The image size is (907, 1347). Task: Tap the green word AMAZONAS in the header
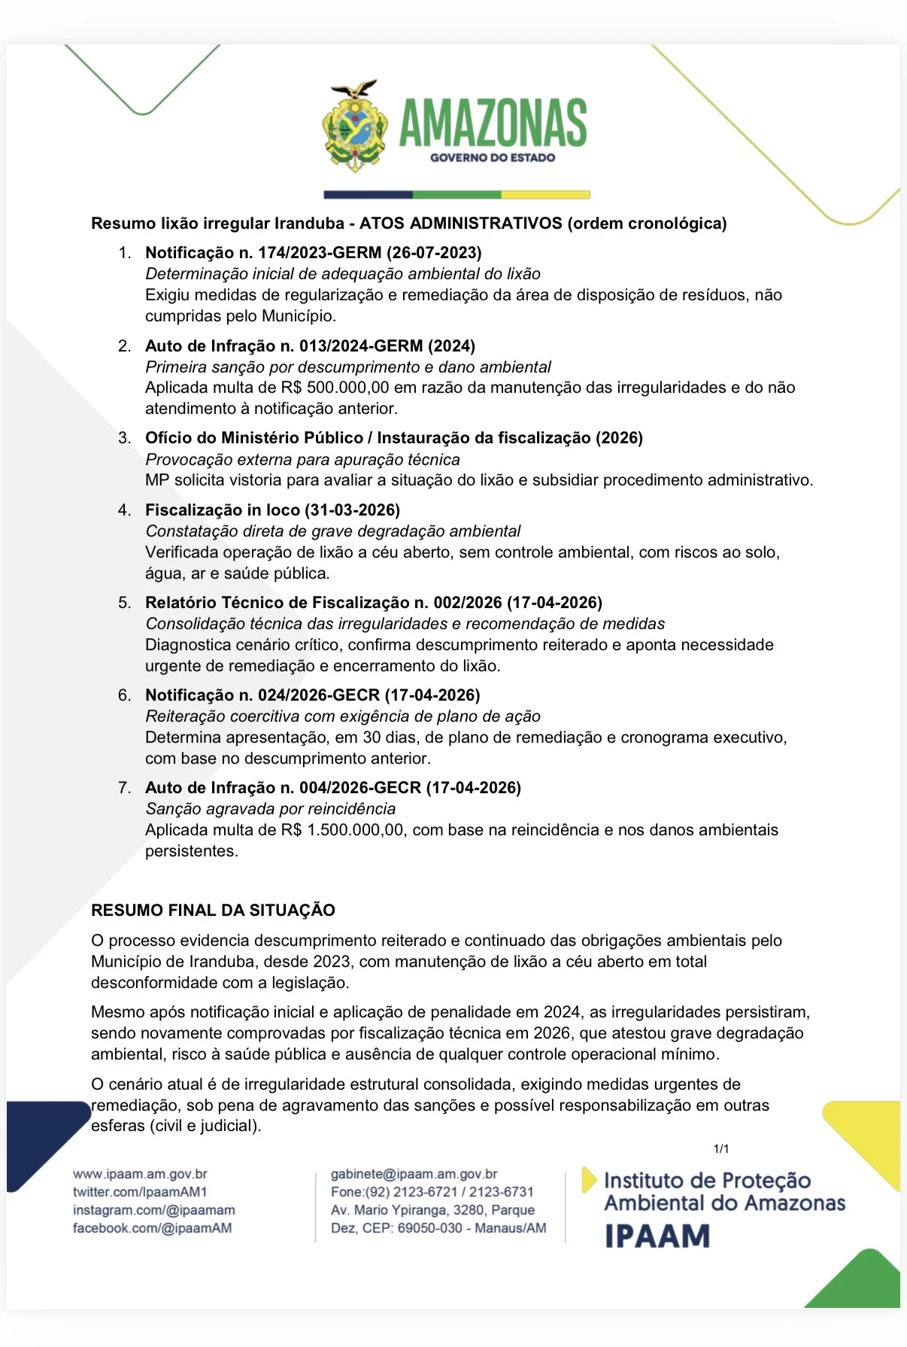tap(493, 123)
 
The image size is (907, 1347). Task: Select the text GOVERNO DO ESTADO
tap(493, 158)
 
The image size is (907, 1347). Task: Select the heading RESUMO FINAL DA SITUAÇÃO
tap(213, 911)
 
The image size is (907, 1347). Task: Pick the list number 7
tap(124, 788)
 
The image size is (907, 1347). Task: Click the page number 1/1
tap(720, 1149)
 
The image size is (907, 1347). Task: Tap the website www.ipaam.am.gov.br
tap(140, 1174)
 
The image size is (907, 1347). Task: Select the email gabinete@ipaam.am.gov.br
tap(414, 1174)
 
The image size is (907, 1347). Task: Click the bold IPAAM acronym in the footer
tap(657, 1236)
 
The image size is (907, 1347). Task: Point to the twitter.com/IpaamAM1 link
tap(140, 1192)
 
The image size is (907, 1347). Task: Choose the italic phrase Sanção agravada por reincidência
tap(270, 809)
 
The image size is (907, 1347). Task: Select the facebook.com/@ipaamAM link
tap(152, 1228)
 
